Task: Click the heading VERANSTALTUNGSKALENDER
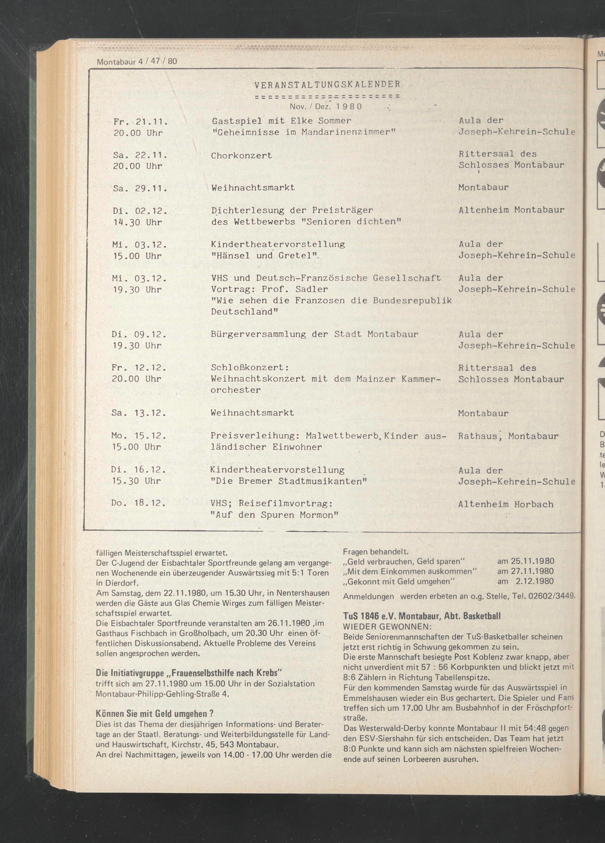point(327,84)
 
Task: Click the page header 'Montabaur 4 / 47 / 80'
point(137,61)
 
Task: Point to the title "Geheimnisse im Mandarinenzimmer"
point(303,132)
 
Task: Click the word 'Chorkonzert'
point(241,155)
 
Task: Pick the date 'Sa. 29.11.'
point(139,188)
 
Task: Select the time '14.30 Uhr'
point(137,222)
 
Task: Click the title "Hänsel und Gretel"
point(266,256)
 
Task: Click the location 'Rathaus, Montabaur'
point(508,436)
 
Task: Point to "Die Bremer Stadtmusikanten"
point(289,481)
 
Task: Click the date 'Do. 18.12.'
point(138,504)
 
